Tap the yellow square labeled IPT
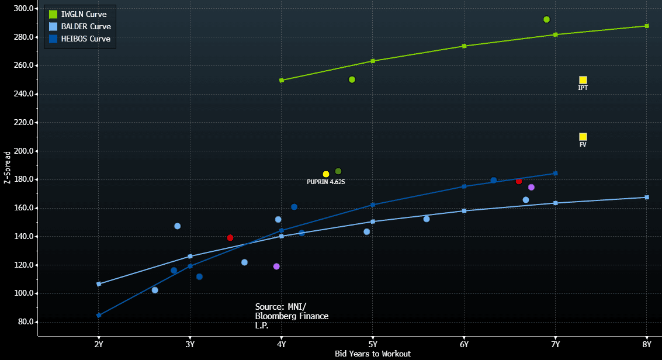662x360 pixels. point(583,80)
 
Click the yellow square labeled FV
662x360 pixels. point(583,137)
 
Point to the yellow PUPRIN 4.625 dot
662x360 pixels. point(326,174)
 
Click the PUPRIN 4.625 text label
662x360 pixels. point(326,182)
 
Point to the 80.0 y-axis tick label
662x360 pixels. point(24,322)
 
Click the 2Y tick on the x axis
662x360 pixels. point(99,345)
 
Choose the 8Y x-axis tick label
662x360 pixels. point(647,345)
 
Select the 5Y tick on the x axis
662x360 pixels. point(373,345)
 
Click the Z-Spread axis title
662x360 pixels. point(7,168)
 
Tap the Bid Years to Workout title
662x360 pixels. point(373,354)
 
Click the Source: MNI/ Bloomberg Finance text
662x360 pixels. point(292,316)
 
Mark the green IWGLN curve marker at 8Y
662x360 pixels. point(647,26)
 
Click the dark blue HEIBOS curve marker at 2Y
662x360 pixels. point(99,315)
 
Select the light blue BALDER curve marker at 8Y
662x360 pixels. point(647,197)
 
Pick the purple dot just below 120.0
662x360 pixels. point(276,266)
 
